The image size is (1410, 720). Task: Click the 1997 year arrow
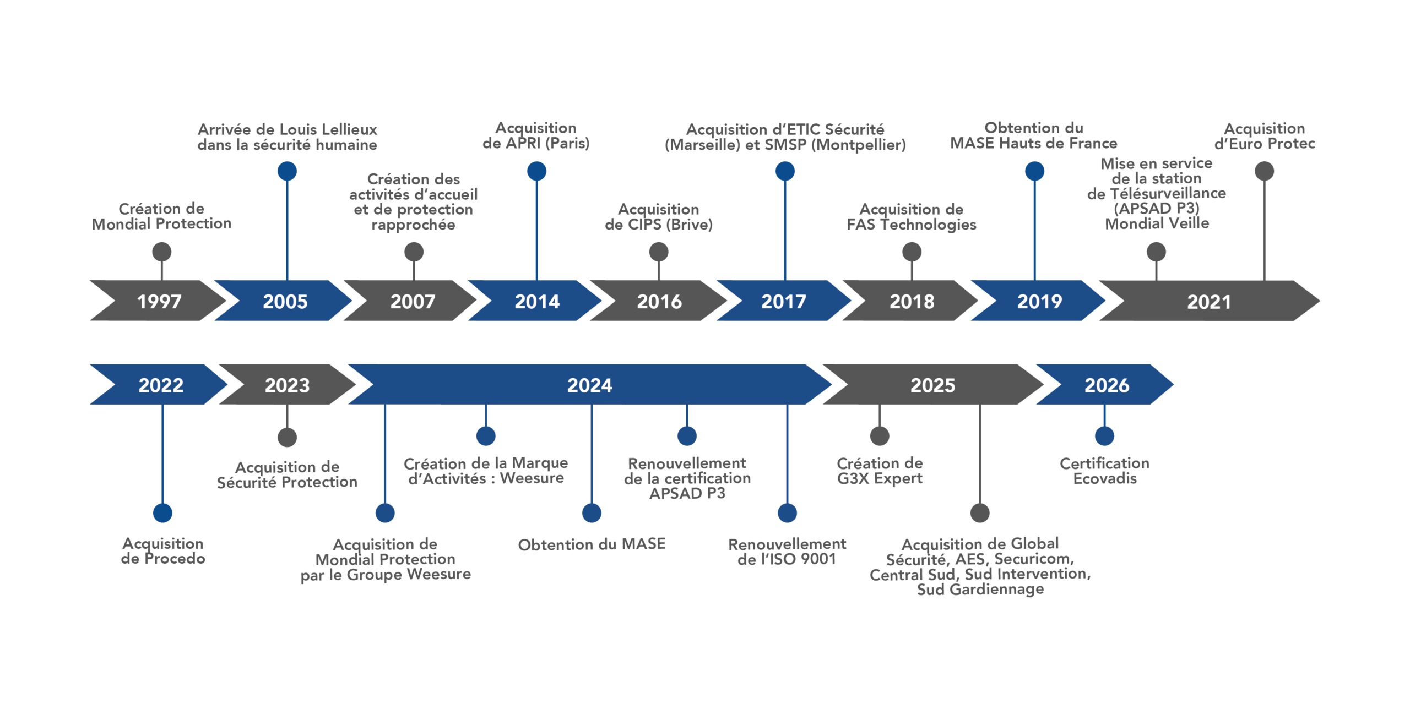tap(159, 301)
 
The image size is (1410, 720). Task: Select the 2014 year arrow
tap(536, 301)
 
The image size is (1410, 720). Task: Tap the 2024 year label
tap(589, 385)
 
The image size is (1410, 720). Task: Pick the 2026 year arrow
tap(1106, 385)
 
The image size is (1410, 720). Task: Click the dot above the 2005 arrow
tap(287, 171)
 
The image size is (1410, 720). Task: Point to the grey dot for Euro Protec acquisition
tap(1264, 171)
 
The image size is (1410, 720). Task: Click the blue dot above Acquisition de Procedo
tap(162, 513)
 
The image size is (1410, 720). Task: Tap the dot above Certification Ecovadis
tap(1104, 436)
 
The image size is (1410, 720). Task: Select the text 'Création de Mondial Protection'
tap(161, 216)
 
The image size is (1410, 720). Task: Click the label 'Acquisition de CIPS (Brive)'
tap(659, 217)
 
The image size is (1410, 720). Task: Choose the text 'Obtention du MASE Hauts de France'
tap(1034, 136)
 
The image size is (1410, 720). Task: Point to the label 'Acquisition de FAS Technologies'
tap(912, 217)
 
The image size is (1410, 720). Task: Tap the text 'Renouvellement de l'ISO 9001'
tap(787, 552)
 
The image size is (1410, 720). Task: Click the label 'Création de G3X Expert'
tap(880, 471)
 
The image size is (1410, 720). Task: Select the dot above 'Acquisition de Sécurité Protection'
tap(287, 438)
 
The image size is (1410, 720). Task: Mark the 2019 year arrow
tap(1039, 301)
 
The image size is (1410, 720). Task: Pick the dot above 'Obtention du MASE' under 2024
tap(592, 513)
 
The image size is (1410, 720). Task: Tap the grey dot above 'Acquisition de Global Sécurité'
tap(980, 513)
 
